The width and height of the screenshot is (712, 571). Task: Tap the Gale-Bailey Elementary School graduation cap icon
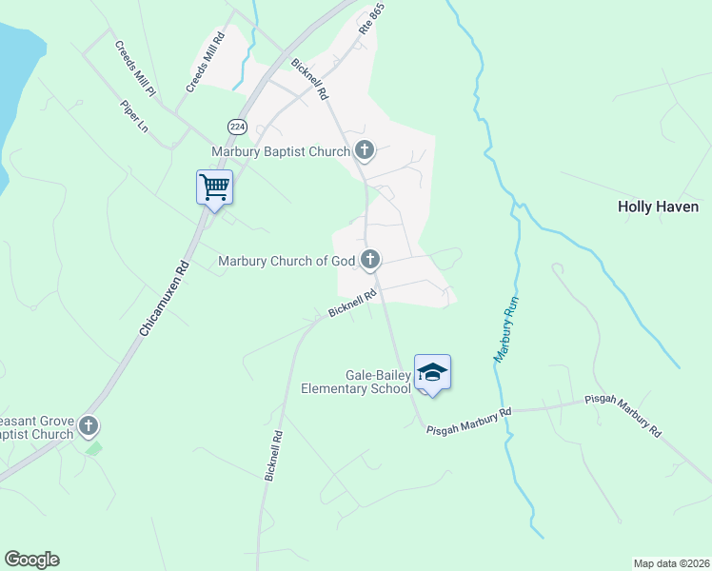click(x=432, y=371)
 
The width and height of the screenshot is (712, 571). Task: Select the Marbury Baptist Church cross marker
click(x=365, y=149)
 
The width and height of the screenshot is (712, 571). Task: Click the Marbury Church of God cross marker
click(x=370, y=259)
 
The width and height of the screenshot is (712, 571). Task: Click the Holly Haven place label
click(x=658, y=207)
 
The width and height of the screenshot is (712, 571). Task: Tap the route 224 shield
click(x=236, y=126)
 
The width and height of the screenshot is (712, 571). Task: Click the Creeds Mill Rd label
click(x=205, y=62)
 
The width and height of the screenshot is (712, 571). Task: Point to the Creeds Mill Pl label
click(x=136, y=69)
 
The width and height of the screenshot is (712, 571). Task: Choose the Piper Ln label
click(x=135, y=118)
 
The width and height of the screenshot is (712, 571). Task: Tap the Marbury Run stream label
click(x=505, y=329)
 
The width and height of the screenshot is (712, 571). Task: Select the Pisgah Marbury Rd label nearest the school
click(x=468, y=419)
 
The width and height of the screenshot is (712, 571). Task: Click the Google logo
click(x=31, y=560)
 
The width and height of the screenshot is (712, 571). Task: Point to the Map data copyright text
click(x=671, y=563)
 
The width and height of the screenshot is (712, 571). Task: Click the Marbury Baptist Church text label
click(x=281, y=150)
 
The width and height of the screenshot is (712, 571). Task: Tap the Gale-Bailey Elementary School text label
click(x=356, y=382)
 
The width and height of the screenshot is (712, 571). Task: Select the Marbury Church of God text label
click(x=287, y=261)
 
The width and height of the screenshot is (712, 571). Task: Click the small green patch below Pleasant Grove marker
click(x=93, y=446)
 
